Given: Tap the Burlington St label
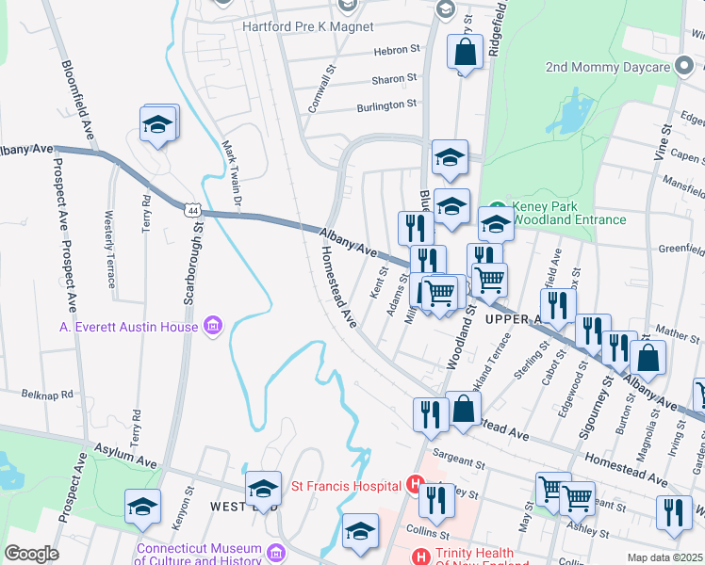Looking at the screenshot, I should tap(386, 105).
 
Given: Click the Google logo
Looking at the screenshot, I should tap(31, 554).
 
